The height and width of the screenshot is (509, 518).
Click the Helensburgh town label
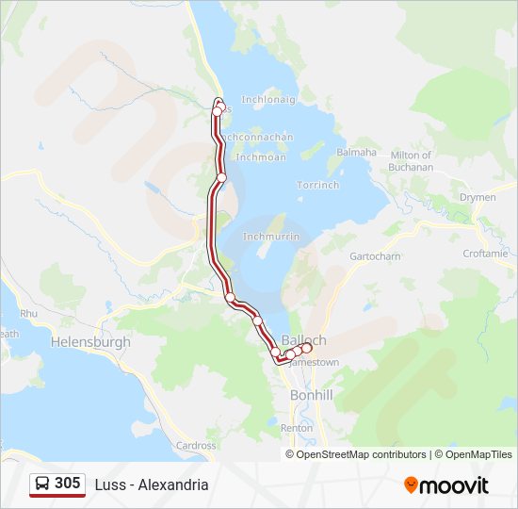(91, 342)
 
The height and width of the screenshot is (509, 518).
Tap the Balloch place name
(304, 340)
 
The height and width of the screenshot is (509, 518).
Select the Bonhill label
(311, 395)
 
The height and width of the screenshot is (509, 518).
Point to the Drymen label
(477, 197)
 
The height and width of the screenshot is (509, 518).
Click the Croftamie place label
(485, 254)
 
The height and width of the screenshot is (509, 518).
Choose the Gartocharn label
(375, 256)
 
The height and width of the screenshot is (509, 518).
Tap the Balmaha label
(357, 153)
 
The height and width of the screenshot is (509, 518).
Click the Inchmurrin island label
(271, 237)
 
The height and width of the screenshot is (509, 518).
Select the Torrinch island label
(317, 185)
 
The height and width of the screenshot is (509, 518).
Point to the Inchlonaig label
(268, 99)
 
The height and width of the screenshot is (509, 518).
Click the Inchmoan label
(261, 157)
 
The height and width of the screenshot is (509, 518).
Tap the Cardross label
(196, 446)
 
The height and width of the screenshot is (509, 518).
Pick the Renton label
(297, 428)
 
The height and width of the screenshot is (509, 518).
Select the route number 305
(68, 484)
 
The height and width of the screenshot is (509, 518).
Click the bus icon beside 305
(42, 484)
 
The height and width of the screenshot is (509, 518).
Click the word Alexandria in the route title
(173, 485)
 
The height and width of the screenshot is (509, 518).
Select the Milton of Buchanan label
(411, 161)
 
